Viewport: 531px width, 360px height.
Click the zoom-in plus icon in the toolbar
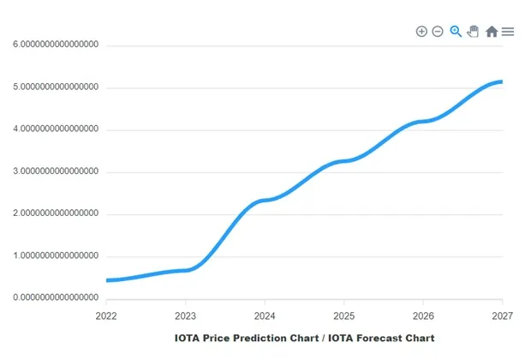[x=421, y=32]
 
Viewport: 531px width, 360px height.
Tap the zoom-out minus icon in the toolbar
[x=438, y=32]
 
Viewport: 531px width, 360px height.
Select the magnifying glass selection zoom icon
[x=456, y=32]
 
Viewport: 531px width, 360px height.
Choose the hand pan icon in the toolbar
[x=473, y=32]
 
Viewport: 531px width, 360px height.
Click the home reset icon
[x=492, y=32]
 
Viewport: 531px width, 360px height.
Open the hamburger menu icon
[x=508, y=32]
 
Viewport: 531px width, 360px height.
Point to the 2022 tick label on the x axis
[x=106, y=315]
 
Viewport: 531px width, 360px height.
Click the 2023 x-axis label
[x=186, y=315]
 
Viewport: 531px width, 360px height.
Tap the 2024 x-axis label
[x=265, y=315]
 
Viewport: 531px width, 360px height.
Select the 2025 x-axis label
[x=343, y=315]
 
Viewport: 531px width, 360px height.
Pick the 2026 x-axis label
[x=422, y=315]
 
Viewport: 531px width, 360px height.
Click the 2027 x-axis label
[x=501, y=315]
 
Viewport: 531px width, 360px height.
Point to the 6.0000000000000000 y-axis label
[x=56, y=45]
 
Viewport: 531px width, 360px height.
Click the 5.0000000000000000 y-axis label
[x=56, y=87]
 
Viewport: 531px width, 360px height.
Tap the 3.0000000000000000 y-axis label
[x=56, y=171]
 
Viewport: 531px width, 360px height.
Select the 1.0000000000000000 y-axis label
[x=56, y=255]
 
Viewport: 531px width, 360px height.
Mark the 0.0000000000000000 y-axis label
[x=56, y=297]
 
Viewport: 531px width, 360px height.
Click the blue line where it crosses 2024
[x=265, y=200]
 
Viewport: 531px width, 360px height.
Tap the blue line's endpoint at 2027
[x=500, y=82]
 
